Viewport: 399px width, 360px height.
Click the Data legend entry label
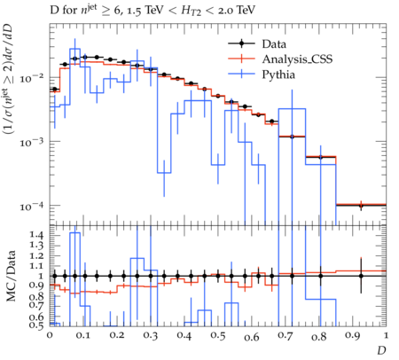(x=274, y=44)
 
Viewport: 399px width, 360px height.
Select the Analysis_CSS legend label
(x=297, y=59)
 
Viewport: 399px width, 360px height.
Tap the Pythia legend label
(x=278, y=74)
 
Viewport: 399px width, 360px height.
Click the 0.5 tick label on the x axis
(x=218, y=336)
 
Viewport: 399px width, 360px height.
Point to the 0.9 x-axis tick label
(x=353, y=336)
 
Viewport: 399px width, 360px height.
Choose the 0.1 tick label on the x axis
(x=83, y=336)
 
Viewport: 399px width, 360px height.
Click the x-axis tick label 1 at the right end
(x=386, y=336)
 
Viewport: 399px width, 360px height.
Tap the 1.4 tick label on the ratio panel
(x=36, y=235)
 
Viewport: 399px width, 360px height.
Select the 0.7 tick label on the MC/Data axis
(x=36, y=304)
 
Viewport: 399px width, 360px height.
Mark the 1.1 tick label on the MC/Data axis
(x=36, y=266)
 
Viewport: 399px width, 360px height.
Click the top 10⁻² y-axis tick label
(x=32, y=78)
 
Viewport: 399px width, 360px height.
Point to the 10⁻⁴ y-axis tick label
(x=32, y=206)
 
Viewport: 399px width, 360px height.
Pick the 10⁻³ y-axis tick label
(x=32, y=142)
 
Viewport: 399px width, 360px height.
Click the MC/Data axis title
(x=11, y=276)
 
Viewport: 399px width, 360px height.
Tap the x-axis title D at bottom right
(x=381, y=350)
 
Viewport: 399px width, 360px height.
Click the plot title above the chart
(x=153, y=11)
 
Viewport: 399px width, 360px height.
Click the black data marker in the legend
(x=241, y=43)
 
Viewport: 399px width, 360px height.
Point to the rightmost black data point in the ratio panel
(x=361, y=276)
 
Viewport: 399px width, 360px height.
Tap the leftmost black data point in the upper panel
(x=55, y=89)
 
